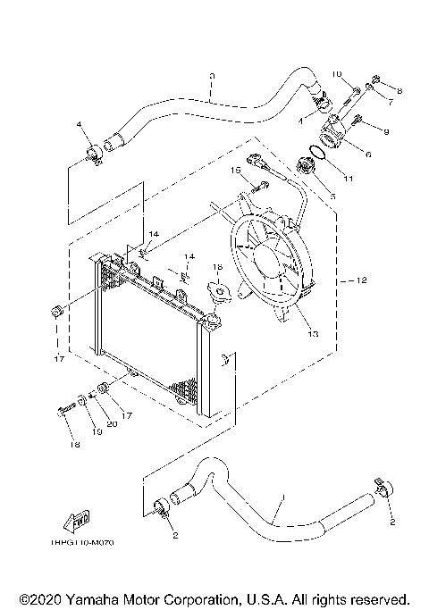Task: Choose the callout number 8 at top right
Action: (x=400, y=92)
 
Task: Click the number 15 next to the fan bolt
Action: (x=237, y=170)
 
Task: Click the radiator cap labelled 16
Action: (x=217, y=291)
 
